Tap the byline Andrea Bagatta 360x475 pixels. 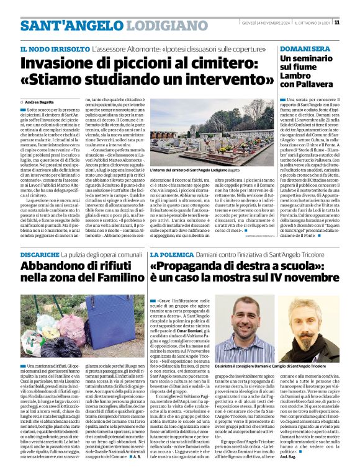40,101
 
